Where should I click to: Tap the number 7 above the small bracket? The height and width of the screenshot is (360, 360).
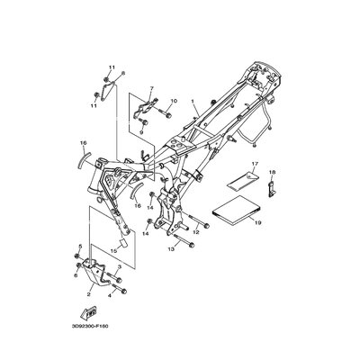click(153, 89)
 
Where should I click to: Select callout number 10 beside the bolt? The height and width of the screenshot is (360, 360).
click(175, 102)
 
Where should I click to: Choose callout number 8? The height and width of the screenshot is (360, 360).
click(122, 72)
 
